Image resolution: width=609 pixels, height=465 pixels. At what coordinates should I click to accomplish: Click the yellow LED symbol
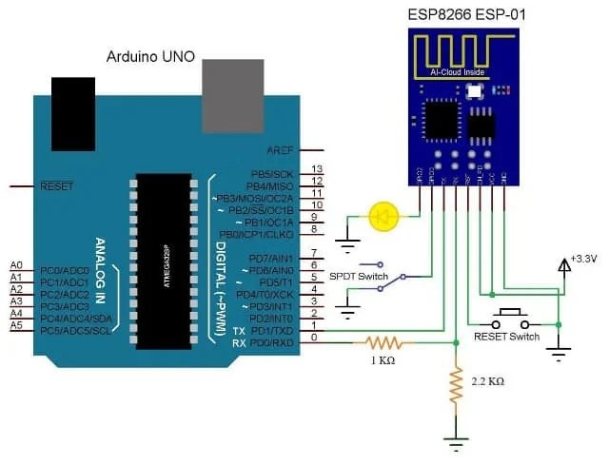pyautogui.click(x=383, y=216)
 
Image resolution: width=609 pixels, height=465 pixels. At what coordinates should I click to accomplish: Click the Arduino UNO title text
pyautogui.click(x=149, y=58)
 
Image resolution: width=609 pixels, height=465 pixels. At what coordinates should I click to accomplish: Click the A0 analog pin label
pyautogui.click(x=16, y=264)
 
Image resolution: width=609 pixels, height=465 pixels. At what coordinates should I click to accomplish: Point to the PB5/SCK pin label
pyautogui.click(x=271, y=175)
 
